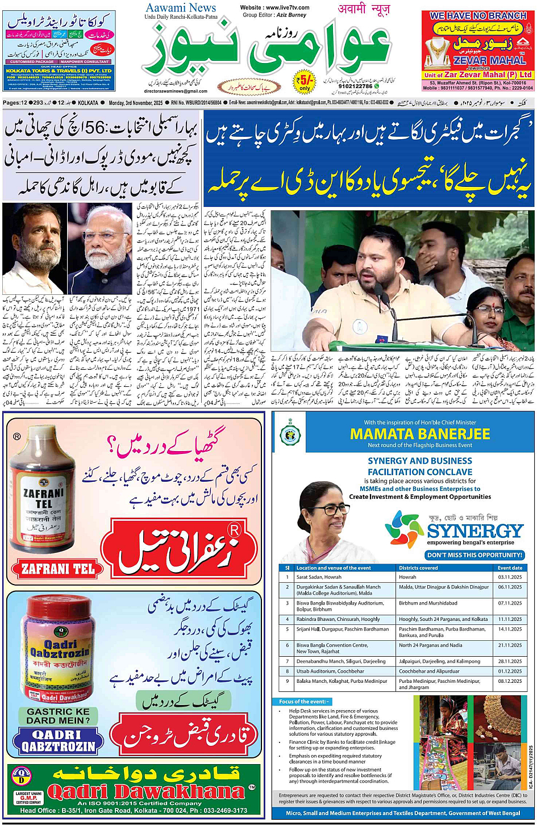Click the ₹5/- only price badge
tap(305, 81)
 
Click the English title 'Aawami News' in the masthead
tap(181, 8)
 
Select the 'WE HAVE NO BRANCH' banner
tap(478, 15)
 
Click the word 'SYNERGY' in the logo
tap(475, 531)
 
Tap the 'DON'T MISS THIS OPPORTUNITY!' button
tap(474, 555)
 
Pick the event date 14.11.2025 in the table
tap(509, 629)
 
